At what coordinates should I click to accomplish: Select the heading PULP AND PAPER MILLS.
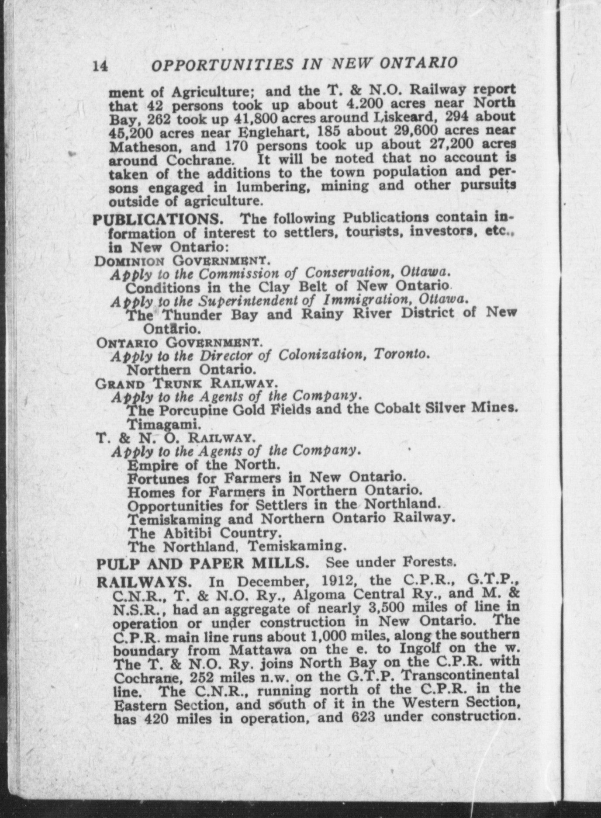(203, 562)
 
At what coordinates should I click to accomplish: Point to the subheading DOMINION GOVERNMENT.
(183, 261)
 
